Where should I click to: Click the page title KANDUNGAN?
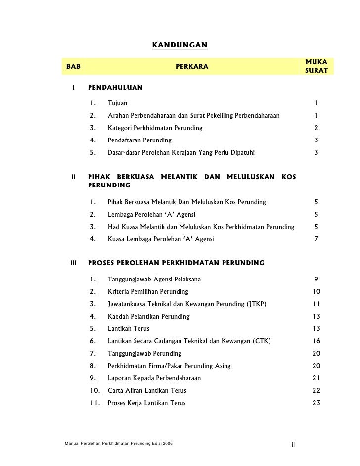pyautogui.click(x=180, y=46)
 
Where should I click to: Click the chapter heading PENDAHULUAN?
pyautogui.click(x=115, y=88)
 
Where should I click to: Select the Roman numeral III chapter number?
pyautogui.click(x=73, y=262)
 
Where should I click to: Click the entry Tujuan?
pyautogui.click(x=117, y=103)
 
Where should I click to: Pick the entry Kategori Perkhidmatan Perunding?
pyautogui.click(x=155, y=128)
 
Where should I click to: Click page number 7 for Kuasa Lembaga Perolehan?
pyautogui.click(x=316, y=239)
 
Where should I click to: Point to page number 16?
pyautogui.click(x=316, y=341)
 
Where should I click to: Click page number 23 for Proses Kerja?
pyautogui.click(x=316, y=403)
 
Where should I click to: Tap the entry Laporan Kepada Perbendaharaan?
pyautogui.click(x=154, y=378)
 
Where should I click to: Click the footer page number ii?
pyautogui.click(x=293, y=444)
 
